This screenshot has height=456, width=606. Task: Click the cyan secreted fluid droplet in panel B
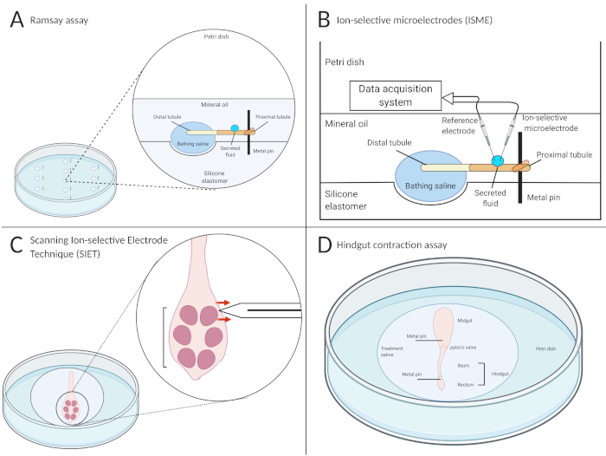(499, 160)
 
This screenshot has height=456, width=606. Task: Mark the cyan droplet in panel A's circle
(234, 130)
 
